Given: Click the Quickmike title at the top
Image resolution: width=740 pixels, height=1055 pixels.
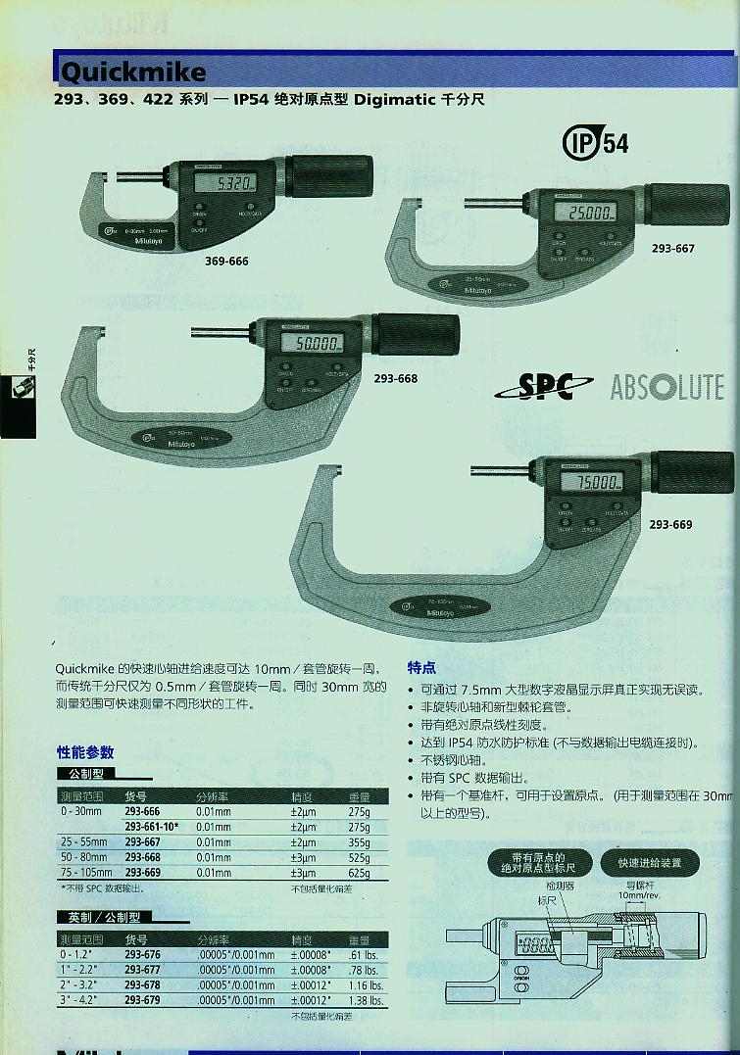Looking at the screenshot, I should point(133,72).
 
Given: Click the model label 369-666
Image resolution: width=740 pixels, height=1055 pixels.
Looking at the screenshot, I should point(226,263).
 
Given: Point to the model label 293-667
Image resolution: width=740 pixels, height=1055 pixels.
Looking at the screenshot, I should point(672,249).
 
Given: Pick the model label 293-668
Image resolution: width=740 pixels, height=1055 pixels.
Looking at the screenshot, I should point(395,378).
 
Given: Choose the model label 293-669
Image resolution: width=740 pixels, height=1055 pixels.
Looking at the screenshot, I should point(670,525).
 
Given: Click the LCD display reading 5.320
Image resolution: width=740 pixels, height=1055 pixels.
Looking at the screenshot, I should point(225,184).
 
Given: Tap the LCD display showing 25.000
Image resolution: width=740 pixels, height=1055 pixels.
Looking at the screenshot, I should point(586,214).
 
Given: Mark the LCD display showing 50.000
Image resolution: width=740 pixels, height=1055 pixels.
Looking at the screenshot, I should point(313,343).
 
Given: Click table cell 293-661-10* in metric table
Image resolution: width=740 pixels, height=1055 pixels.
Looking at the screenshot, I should point(154,828).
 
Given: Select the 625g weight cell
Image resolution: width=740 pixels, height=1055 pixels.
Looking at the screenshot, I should point(359,873).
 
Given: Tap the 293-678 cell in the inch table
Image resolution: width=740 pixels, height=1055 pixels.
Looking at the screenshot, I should point(142,985).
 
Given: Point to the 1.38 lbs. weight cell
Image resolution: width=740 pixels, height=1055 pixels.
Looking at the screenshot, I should point(364,1000).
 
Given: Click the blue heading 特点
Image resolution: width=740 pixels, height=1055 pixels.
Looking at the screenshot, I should point(421,667).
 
